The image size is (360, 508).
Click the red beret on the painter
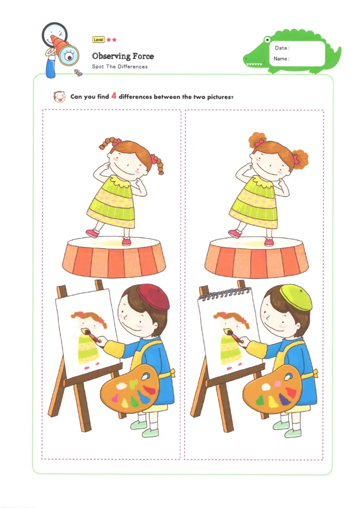153,297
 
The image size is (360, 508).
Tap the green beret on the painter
296,297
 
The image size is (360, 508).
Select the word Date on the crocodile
281,48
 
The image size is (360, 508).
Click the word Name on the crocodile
281,59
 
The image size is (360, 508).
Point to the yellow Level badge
98,40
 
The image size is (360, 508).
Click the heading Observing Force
123,56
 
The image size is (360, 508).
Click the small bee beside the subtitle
79,72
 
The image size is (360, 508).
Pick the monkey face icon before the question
58,97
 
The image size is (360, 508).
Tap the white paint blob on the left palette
121,386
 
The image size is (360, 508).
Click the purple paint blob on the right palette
284,398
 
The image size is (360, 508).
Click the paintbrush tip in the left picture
85,331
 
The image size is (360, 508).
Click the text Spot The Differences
120,67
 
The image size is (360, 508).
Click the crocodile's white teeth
254,64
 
